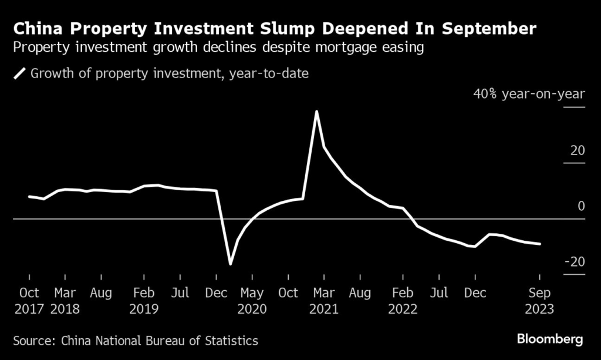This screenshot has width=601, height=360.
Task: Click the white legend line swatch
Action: (x=20, y=73)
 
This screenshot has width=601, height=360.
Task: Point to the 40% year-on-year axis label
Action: (x=529, y=94)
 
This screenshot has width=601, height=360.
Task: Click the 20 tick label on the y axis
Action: (x=578, y=151)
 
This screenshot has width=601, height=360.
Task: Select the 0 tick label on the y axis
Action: (x=581, y=206)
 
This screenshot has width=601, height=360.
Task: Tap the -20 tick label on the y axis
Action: (x=575, y=261)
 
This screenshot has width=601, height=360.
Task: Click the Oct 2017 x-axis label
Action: (x=29, y=300)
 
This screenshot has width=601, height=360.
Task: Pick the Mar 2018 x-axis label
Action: (x=66, y=300)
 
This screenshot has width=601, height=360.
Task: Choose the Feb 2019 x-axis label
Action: (x=144, y=300)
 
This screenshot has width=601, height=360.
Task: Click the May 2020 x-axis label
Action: (x=252, y=300)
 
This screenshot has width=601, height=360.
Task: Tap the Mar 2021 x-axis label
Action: (x=324, y=300)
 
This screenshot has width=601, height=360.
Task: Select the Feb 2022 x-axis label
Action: (x=403, y=300)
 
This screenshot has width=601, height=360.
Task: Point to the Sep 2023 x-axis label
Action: (x=540, y=300)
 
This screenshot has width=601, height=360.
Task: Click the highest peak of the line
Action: (x=316, y=112)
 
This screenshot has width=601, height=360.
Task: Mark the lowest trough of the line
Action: (x=231, y=264)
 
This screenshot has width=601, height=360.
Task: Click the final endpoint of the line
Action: (x=539, y=244)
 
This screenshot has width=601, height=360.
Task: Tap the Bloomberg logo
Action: (x=549, y=339)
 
